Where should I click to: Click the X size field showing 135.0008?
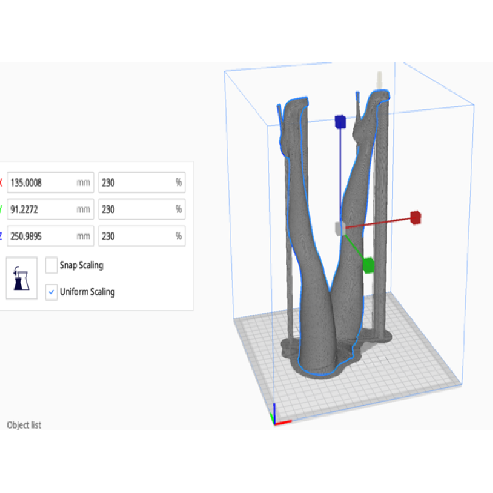click(51, 182)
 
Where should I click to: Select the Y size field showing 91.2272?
click(51, 209)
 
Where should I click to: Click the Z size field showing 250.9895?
click(51, 236)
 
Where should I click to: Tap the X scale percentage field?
click(142, 182)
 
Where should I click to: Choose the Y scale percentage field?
click(142, 209)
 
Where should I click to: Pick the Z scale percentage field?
click(142, 236)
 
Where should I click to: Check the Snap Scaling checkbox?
click(51, 265)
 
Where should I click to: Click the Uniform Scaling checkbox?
click(51, 292)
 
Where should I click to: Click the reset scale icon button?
click(22, 278)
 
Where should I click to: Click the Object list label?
click(24, 425)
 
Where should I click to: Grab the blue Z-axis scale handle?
click(340, 122)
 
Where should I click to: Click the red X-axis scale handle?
click(415, 218)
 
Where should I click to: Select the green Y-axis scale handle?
click(369, 266)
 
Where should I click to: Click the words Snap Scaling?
click(82, 266)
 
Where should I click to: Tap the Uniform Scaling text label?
click(88, 292)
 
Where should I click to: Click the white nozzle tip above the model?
click(380, 80)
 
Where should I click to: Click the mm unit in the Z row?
click(83, 236)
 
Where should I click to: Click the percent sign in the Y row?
click(179, 209)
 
